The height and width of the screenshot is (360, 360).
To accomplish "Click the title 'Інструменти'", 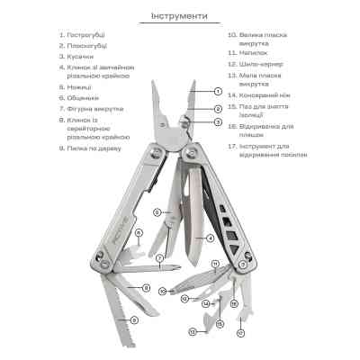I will tap(180, 16).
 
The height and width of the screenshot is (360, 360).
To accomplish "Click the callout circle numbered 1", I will tap(218, 91).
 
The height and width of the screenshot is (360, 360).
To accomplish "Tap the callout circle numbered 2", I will tap(218, 109).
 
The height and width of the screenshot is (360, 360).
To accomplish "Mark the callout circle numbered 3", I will tap(218, 121).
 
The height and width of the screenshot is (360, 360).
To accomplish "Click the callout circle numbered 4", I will tap(209, 238).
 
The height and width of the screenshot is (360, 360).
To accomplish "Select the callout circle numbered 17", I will tap(240, 331).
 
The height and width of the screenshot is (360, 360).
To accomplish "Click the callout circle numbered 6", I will tap(139, 233).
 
